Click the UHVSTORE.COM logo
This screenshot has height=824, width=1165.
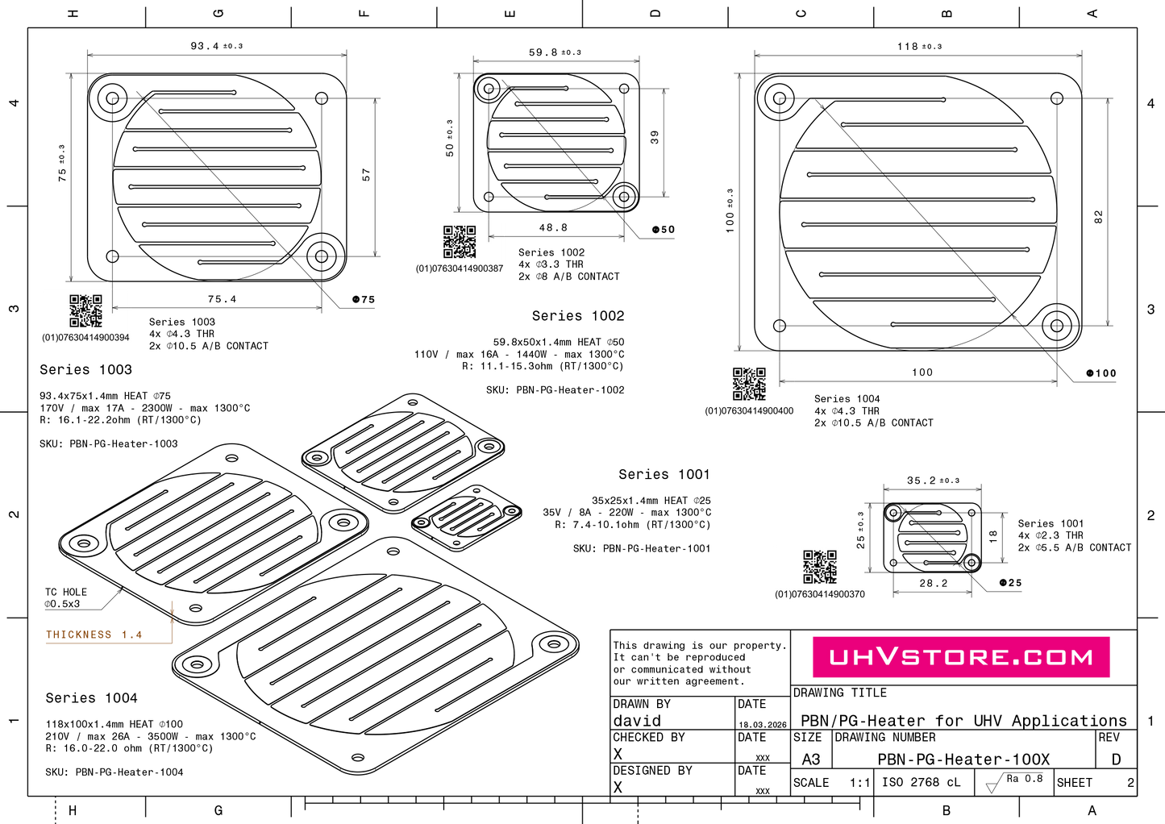click(x=961, y=657)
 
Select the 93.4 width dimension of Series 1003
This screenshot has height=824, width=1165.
click(x=217, y=46)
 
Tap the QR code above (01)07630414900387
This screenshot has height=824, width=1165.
click(x=460, y=242)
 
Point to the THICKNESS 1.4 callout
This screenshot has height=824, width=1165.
click(x=94, y=635)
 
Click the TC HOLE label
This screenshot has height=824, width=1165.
click(x=66, y=592)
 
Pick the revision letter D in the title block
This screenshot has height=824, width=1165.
click(x=1116, y=759)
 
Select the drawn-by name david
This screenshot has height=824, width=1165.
click(x=637, y=721)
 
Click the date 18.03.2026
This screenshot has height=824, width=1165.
click(x=763, y=725)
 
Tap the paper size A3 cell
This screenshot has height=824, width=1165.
click(x=811, y=759)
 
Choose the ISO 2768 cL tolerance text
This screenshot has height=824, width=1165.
click(x=921, y=782)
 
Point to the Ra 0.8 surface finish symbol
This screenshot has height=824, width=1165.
click(x=1014, y=782)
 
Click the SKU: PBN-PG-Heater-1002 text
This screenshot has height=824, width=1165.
click(x=555, y=390)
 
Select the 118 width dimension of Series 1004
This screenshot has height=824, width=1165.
click(x=920, y=46)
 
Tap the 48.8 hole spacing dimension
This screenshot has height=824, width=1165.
click(x=553, y=227)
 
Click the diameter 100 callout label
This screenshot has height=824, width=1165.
click(x=1101, y=373)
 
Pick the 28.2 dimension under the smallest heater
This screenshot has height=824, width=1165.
click(x=934, y=583)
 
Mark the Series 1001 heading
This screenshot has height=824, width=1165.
click(x=664, y=474)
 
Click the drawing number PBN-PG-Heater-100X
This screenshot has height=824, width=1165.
click(x=963, y=759)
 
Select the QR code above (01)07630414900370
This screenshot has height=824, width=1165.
click(x=820, y=567)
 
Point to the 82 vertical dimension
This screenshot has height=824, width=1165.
click(x=1098, y=217)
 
